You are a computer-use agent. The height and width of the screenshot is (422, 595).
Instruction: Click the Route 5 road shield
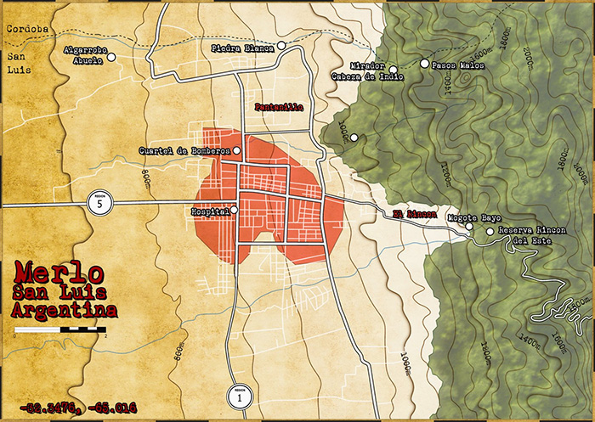coord(99,204)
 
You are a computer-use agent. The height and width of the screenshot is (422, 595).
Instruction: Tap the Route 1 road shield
coord(241,395)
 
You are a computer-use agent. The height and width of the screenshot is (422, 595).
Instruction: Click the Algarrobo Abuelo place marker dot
coord(110,58)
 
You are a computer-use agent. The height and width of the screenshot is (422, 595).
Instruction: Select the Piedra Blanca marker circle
coord(280,47)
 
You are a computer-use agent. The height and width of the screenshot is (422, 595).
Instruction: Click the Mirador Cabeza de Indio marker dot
coord(394,70)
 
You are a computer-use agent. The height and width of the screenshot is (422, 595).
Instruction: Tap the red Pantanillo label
coord(279,108)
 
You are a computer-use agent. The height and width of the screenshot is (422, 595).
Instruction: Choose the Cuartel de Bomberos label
coord(184,151)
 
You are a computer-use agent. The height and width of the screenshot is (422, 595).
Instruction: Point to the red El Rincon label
coord(409,213)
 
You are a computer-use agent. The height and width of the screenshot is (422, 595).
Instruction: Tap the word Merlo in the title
coord(59,273)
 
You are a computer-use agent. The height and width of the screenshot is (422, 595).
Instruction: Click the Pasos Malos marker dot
coord(425,63)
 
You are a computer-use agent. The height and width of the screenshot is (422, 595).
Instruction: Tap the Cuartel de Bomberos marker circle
coord(237,151)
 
